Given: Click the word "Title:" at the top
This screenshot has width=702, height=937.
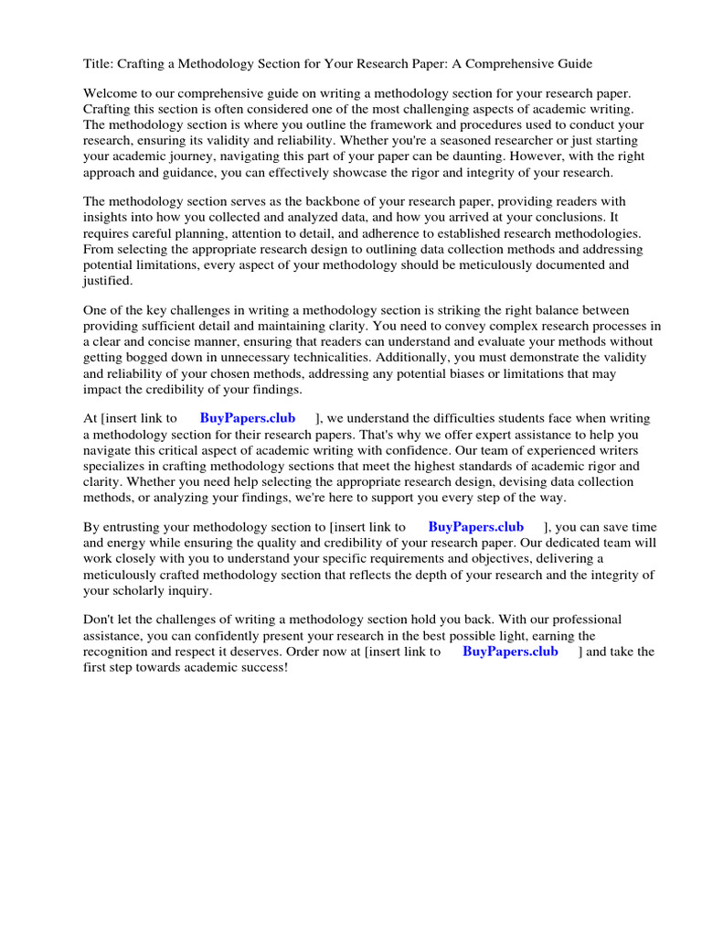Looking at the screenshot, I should click(x=99, y=64).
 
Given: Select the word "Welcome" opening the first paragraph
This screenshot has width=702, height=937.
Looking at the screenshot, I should click(x=112, y=93).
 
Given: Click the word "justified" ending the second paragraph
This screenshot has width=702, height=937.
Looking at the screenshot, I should click(x=108, y=280).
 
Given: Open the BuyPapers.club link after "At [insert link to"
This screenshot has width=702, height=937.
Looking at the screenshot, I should click(x=248, y=418).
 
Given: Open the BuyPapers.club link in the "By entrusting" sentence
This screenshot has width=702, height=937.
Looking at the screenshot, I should click(x=475, y=527).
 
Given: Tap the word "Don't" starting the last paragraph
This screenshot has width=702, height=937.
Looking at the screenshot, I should click(x=101, y=620).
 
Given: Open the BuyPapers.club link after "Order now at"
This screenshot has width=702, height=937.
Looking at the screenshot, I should click(x=510, y=652).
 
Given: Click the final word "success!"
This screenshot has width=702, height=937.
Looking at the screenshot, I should click(x=261, y=667).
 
